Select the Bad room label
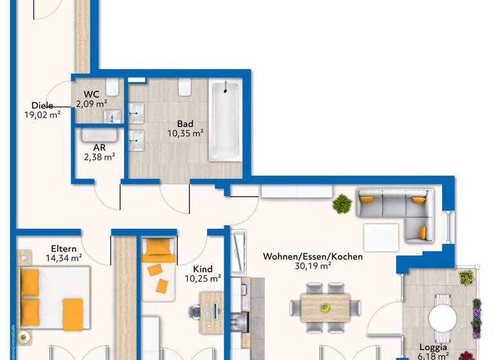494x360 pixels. [185, 124]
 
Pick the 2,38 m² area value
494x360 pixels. [100, 156]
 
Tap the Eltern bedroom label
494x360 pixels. [64, 249]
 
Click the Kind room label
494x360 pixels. [203, 269]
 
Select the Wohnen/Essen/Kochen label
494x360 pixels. [313, 256]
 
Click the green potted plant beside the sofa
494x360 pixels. [342, 205]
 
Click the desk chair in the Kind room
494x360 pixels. [196, 311]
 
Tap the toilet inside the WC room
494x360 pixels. [113, 87]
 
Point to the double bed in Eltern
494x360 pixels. [53, 298]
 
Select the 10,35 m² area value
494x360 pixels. [185, 134]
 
